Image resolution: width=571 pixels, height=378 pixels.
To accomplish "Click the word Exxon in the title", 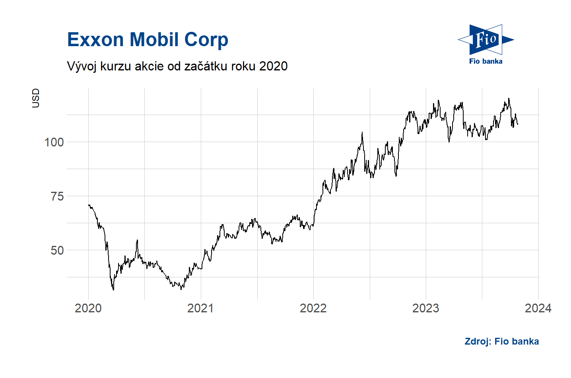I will click(x=95, y=40).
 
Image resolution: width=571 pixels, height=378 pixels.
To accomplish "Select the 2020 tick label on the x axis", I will click(x=88, y=308).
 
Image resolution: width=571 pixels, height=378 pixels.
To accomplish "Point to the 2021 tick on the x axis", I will click(x=200, y=308).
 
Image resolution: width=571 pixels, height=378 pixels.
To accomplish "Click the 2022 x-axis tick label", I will click(x=313, y=308).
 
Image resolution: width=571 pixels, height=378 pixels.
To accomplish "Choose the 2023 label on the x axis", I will click(x=425, y=308).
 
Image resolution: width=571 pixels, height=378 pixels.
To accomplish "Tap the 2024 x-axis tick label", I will click(x=538, y=308).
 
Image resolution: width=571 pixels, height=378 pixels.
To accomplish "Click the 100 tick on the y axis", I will click(x=54, y=142).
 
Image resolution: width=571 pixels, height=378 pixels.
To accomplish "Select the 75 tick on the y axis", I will click(x=57, y=196).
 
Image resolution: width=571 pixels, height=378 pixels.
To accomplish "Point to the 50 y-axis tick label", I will click(x=57, y=250).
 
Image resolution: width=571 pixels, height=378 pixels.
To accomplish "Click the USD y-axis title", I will click(x=36, y=98).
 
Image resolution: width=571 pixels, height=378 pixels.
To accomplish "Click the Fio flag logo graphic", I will click(x=486, y=39).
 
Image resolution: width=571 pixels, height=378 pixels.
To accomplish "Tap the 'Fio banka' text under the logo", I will click(x=486, y=61).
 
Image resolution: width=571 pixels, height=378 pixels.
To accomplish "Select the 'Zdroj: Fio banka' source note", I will click(x=501, y=341).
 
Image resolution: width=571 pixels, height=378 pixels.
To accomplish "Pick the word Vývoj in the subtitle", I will click(x=82, y=66).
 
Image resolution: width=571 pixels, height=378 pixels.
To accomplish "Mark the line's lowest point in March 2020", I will click(x=113, y=290).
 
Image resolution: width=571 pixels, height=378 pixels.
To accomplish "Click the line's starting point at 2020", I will click(x=88, y=205).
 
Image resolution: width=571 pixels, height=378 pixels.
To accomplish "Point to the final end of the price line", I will click(x=518, y=125).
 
